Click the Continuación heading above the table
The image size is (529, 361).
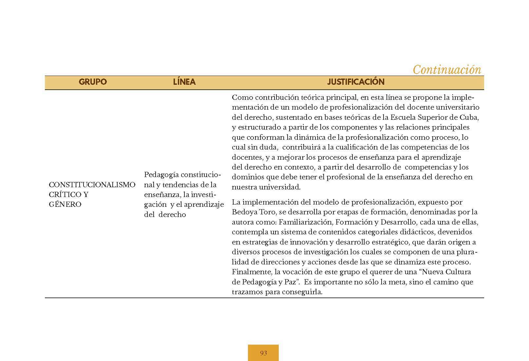coord(447,69)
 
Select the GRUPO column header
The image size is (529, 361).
coord(93,82)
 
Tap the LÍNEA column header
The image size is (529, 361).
coord(184,82)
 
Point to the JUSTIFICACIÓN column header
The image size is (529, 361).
coord(356,82)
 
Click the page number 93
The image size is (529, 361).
coord(263,353)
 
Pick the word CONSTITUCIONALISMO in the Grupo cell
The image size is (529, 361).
coord(92,185)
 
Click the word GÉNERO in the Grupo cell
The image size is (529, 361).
coord(65,205)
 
